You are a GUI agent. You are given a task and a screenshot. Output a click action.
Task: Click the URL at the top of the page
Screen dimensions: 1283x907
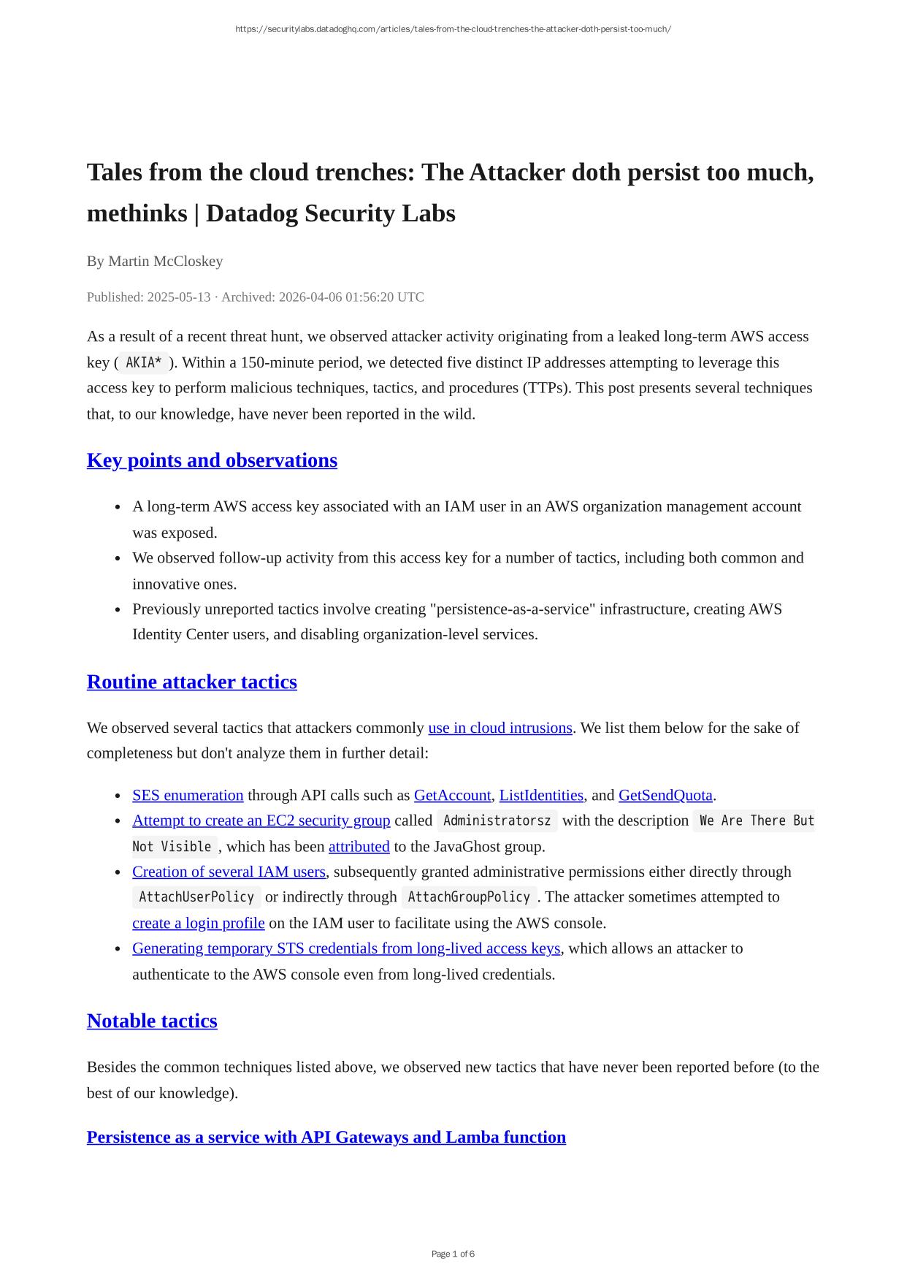click(x=453, y=29)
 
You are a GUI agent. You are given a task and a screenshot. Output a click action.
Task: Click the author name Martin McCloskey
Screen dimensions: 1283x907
click(x=165, y=261)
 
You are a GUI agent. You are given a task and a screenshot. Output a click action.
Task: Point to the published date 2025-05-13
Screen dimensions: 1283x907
click(x=178, y=297)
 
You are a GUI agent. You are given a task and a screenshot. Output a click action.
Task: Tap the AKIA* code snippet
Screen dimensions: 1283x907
click(x=144, y=362)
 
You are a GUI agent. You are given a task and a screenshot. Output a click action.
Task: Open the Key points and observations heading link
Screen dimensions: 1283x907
click(x=212, y=460)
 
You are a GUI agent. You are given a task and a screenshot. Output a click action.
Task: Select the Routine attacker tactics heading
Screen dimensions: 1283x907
click(x=191, y=682)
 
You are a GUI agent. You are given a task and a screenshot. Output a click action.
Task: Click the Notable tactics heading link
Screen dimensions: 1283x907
click(x=152, y=1021)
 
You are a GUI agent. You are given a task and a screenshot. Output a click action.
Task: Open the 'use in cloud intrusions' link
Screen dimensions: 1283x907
click(x=500, y=728)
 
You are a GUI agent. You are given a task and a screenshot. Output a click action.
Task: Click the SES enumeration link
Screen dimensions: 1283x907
click(x=188, y=795)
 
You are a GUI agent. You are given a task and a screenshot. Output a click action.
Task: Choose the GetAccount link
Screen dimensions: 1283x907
click(x=452, y=795)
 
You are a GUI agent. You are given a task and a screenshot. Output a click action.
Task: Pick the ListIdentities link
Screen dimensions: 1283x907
click(x=541, y=795)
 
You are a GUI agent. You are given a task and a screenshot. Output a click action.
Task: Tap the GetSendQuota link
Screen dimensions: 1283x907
click(x=665, y=795)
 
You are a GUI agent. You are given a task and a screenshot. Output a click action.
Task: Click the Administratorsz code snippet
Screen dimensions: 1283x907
click(x=497, y=821)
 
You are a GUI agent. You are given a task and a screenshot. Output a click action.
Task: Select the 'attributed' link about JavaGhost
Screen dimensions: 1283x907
click(x=359, y=847)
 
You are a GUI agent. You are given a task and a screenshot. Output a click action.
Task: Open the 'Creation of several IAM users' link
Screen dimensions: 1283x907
click(x=229, y=872)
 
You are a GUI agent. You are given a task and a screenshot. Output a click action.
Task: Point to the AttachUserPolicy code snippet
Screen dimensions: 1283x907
click(x=196, y=897)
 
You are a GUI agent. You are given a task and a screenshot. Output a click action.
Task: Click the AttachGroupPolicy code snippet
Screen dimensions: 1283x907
click(x=468, y=897)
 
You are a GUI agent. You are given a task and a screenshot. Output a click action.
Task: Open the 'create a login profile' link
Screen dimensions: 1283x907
click(x=198, y=923)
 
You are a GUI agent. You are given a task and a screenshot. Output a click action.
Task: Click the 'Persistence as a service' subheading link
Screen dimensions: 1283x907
click(x=326, y=1137)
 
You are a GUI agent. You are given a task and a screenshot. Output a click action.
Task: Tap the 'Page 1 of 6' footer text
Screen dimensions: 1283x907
click(x=453, y=1254)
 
